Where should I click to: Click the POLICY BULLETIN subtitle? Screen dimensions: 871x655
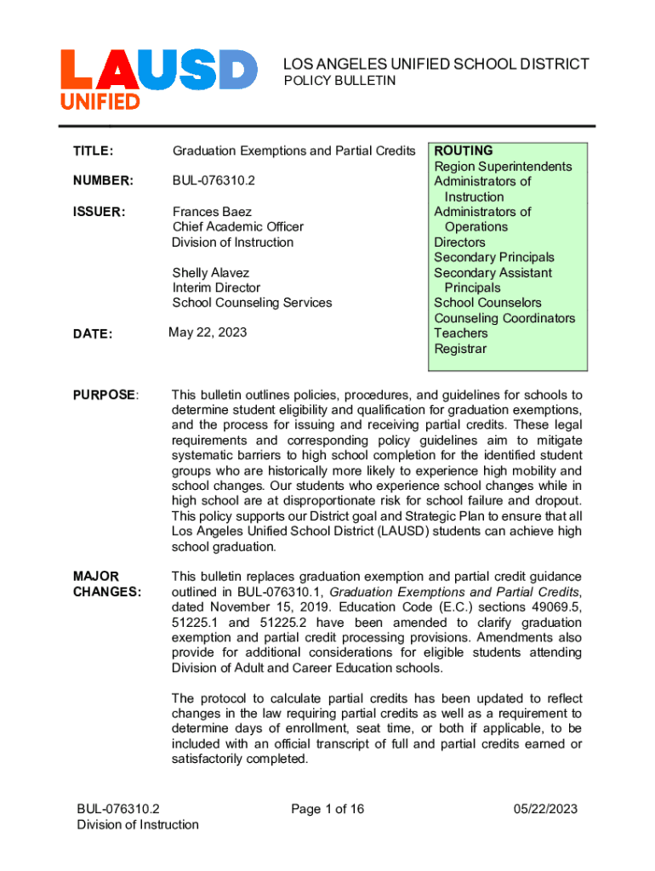click(x=339, y=80)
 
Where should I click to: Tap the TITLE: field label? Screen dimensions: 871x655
click(x=94, y=151)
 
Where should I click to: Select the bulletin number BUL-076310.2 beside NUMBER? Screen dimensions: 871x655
click(x=214, y=181)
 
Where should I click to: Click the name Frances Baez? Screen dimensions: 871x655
click(x=212, y=212)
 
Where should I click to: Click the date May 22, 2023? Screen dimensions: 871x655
click(x=208, y=333)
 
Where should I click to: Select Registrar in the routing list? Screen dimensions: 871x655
click(x=460, y=349)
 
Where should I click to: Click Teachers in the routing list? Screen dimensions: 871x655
click(x=461, y=333)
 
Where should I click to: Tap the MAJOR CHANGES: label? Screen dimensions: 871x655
click(x=107, y=584)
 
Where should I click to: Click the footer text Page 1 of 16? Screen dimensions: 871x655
click(x=327, y=809)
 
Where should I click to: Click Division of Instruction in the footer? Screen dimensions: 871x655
click(x=138, y=824)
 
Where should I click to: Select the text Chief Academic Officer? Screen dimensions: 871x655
click(x=238, y=227)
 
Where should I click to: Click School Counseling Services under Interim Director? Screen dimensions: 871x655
click(x=252, y=303)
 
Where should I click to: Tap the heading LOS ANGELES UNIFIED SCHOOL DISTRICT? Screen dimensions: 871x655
click(x=436, y=64)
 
